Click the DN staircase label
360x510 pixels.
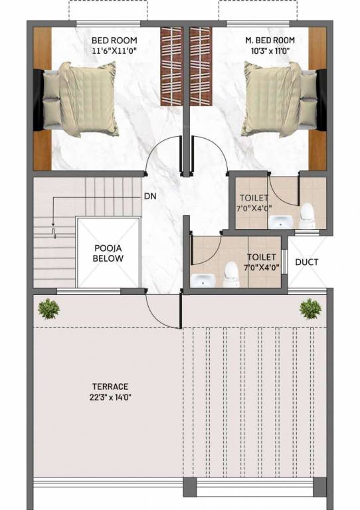pos(150,197)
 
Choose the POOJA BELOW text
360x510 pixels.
pos(108,253)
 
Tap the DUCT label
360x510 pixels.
pos(306,262)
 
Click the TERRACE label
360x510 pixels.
pos(110,386)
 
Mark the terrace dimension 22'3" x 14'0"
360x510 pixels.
pos(110,398)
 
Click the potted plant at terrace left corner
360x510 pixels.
pos(48,307)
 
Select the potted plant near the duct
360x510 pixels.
pos(310,307)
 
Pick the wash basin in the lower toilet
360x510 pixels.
pos(201,280)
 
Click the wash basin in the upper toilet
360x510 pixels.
pos(280,222)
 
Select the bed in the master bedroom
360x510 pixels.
pos(282,98)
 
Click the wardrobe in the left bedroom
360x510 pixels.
pos(171,66)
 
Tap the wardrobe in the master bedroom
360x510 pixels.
pos(201,66)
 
